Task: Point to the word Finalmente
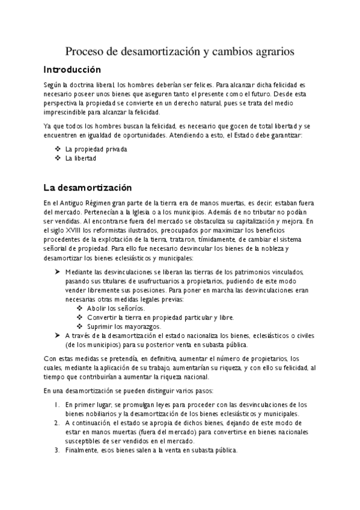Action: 85,450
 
